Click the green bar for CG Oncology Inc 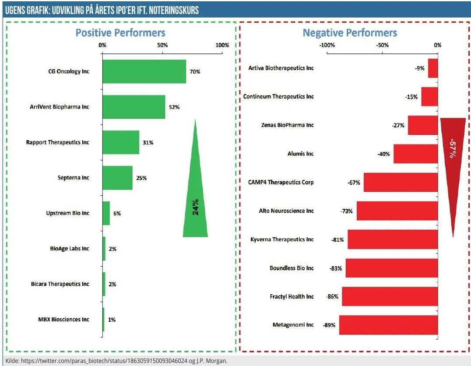click(x=144, y=71)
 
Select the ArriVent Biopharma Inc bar click(x=134, y=107)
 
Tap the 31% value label click(x=148, y=143)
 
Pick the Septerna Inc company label click(x=73, y=178)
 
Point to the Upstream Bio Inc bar click(x=106, y=213)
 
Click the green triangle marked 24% click(x=195, y=206)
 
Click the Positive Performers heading click(x=120, y=33)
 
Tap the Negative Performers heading click(x=350, y=33)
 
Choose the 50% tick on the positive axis click(x=162, y=46)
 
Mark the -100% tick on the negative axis click(x=327, y=46)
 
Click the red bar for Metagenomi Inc click(x=388, y=325)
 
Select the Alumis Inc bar click(x=415, y=154)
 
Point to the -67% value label click(x=354, y=183)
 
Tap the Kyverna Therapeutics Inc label click(x=282, y=239)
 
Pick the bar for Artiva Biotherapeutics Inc click(x=433, y=68)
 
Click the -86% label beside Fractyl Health click(x=332, y=297)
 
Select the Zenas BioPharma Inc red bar click(x=423, y=125)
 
